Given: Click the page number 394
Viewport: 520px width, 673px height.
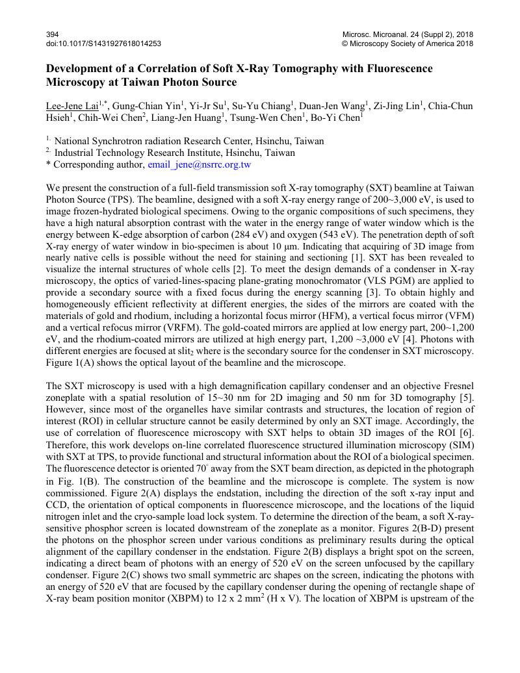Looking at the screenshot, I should [53, 34].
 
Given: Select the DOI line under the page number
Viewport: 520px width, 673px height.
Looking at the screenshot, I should [103, 44].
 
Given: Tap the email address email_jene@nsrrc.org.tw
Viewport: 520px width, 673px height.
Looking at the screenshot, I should [199, 165].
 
